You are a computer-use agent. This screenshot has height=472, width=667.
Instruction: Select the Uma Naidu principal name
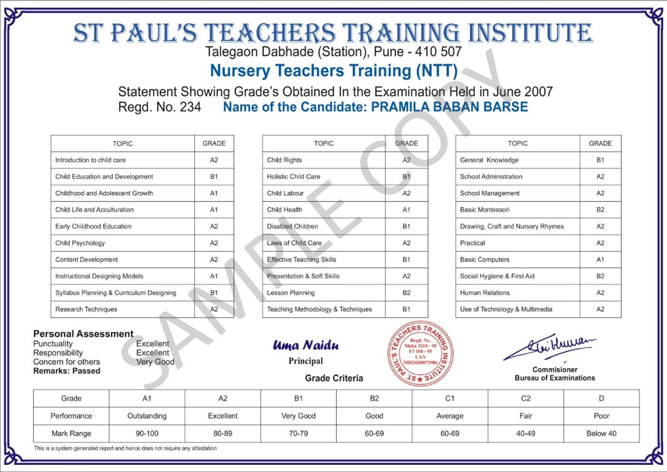tap(305, 345)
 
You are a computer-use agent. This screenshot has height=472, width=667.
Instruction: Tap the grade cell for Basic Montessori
tap(600, 210)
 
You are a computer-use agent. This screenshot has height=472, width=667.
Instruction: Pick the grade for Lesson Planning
tap(406, 293)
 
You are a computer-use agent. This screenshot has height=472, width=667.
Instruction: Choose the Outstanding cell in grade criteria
tap(147, 416)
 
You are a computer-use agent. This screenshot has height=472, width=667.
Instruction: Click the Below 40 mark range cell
tap(601, 434)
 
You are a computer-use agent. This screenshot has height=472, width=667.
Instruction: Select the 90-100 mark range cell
tap(147, 434)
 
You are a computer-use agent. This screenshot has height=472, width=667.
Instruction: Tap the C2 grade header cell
tap(525, 398)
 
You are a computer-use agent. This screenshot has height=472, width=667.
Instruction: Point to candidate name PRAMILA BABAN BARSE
tap(449, 107)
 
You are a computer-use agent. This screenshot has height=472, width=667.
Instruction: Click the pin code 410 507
tap(438, 52)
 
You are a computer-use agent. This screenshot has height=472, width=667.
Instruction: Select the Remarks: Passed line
tap(67, 371)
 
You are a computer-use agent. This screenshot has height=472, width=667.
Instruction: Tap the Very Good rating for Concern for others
tap(155, 362)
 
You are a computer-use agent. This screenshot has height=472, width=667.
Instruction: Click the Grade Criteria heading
tap(334, 378)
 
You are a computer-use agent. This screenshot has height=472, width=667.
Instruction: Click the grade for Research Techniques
tap(214, 310)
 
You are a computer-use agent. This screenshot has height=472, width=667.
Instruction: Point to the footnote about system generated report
tap(125, 448)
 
